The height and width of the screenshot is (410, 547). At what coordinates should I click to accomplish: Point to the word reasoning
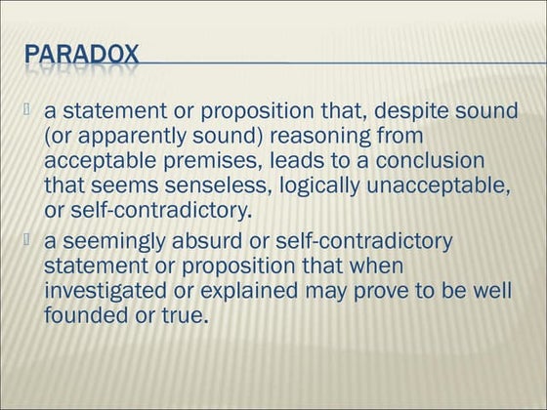click(352, 136)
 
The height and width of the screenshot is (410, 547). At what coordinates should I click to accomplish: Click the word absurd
click(220, 241)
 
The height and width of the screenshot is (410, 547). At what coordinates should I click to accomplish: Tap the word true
click(185, 314)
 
